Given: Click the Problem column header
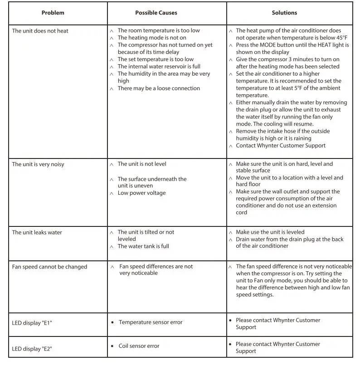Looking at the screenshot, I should pyautogui.click(x=53, y=13).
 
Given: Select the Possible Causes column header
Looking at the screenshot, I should pyautogui.click(x=156, y=13).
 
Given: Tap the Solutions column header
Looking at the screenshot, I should pyautogui.click(x=284, y=13).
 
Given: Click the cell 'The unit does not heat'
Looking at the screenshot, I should pyautogui.click(x=40, y=31).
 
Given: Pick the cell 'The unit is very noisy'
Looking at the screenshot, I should pyautogui.click(x=38, y=164).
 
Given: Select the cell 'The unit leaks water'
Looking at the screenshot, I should pyautogui.click(x=37, y=232).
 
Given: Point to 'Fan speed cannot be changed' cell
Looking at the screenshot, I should pyautogui.click(x=49, y=267).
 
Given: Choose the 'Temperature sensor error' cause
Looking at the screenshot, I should pyautogui.click(x=151, y=322).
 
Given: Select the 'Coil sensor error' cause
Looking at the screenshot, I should pyautogui.click(x=139, y=346).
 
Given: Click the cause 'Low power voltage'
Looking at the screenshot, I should pyautogui.click(x=141, y=193).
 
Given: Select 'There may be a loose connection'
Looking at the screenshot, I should pyautogui.click(x=159, y=88).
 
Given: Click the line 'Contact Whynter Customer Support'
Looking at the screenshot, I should pyautogui.click(x=281, y=146).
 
